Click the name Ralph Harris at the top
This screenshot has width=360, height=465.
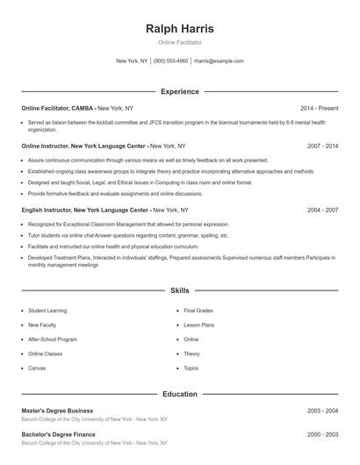point(179,29)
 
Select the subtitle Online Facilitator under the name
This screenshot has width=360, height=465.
point(179,42)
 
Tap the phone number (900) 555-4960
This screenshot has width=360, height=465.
point(170,61)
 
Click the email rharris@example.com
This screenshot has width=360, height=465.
point(219,61)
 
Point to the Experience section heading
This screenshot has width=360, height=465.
point(179,91)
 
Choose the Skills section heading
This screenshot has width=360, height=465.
point(179,290)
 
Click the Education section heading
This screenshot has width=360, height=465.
point(179,394)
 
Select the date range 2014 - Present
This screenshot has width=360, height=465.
point(319,108)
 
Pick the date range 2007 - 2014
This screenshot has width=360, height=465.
point(322,146)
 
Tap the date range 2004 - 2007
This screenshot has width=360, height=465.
point(322,211)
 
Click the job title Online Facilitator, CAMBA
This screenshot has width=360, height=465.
point(58,108)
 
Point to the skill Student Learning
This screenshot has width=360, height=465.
point(47,311)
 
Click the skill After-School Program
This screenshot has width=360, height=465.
point(53,339)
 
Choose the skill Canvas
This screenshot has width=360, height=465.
point(37,368)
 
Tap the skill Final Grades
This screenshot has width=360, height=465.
point(198,311)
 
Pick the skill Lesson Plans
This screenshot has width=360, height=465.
point(198,325)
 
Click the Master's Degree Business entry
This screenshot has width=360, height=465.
point(57,411)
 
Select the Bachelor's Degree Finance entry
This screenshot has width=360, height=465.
point(57,434)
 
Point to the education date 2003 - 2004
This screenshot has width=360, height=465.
point(322,411)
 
